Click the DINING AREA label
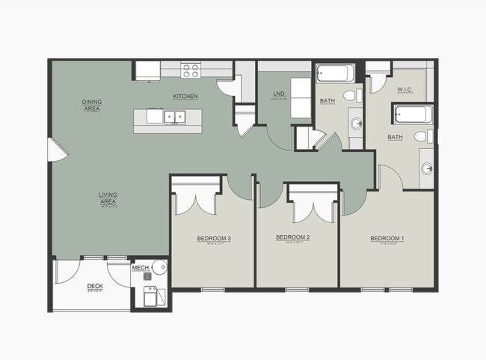pos(92,105)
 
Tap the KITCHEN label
pos(185,97)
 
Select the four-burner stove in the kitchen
pos(191,70)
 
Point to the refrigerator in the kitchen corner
pos(147,70)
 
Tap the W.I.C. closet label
pos(404,90)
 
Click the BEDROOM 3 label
pos(214,239)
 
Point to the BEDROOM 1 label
pos(387,239)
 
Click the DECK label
pos(94,286)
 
